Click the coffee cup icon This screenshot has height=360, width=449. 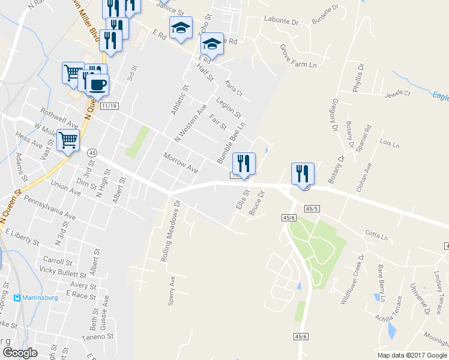coord(97,83)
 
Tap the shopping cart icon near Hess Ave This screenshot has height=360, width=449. coord(68,140)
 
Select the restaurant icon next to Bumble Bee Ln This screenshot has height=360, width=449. coord(244,163)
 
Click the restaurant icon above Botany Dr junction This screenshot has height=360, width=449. coord(303,173)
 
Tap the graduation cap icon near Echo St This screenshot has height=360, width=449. coord(181,28)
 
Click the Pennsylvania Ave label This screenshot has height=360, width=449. coord(55,207)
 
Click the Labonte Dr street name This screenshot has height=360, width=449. coord(281,21)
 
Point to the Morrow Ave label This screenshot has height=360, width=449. coord(180,163)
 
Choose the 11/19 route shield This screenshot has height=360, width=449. coord(109,106)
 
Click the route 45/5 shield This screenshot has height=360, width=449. coord(312,208)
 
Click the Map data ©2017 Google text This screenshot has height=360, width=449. coord(412,355)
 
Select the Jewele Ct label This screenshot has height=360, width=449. coord(397,94)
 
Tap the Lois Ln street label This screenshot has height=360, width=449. coord(390,144)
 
